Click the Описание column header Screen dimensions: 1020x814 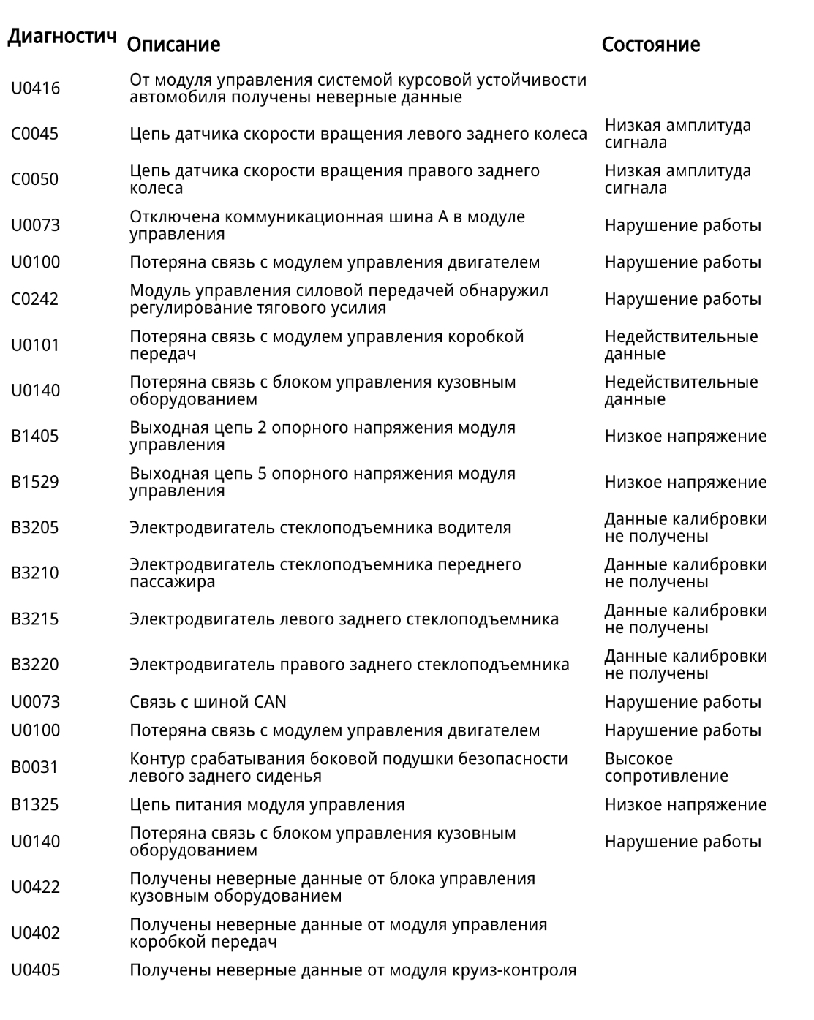point(173,45)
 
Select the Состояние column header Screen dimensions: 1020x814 point(650,45)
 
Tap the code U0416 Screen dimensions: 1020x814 point(35,88)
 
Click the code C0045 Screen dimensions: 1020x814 point(34,134)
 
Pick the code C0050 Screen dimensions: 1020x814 point(34,179)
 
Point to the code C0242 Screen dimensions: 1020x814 point(34,299)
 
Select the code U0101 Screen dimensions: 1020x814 point(35,345)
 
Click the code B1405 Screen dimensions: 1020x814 point(34,436)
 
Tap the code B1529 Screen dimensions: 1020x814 point(34,482)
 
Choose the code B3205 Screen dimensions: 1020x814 point(34,527)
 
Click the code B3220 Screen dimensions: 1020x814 point(34,665)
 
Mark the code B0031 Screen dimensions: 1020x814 point(34,767)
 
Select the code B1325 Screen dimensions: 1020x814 point(34,805)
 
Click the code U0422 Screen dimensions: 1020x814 point(35,887)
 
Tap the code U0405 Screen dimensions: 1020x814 point(35,970)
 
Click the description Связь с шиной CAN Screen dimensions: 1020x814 point(208,702)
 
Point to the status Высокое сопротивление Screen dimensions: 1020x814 point(666,767)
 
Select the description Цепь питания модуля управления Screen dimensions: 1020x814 point(267,805)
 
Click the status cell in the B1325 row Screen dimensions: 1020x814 point(685,805)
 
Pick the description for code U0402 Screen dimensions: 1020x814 point(338,933)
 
